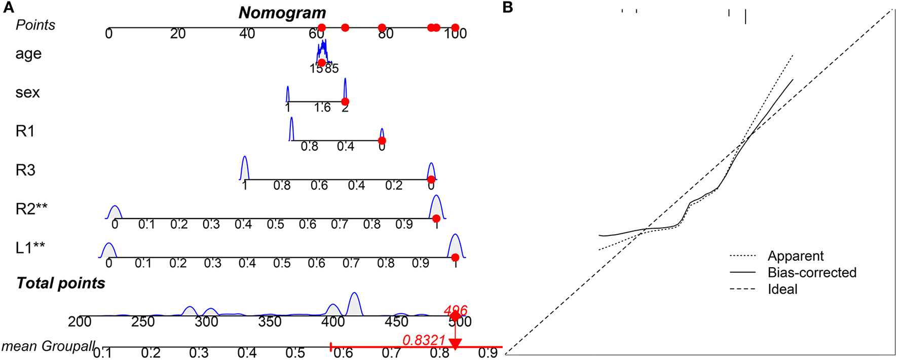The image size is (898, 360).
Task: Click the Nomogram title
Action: pyautogui.click(x=282, y=13)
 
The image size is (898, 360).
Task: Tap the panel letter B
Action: pyautogui.click(x=508, y=7)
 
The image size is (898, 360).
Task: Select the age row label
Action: pyautogui.click(x=28, y=54)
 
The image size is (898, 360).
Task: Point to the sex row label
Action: pyautogui.click(x=27, y=92)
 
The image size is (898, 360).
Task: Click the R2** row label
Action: pyautogui.click(x=31, y=208)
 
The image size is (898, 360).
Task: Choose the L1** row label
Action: pyautogui.click(x=30, y=247)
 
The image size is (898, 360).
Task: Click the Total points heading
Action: pyautogui.click(x=61, y=283)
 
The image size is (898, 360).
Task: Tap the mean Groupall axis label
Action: pyautogui.click(x=48, y=346)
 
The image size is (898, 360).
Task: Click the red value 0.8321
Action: pyautogui.click(x=424, y=340)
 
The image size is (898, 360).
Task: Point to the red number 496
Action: pyautogui.click(x=455, y=310)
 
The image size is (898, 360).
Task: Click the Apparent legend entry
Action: pyautogui.click(x=795, y=256)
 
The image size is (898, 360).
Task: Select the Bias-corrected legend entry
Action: pyautogui.click(x=812, y=273)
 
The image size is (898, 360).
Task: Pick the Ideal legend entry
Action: pyautogui.click(x=782, y=290)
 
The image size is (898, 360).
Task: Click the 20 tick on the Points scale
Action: pyautogui.click(x=178, y=33)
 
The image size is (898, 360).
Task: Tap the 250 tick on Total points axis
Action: pyautogui.click(x=143, y=321)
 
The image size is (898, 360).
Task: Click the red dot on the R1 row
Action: pyautogui.click(x=382, y=141)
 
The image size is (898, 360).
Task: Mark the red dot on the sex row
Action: pyautogui.click(x=345, y=102)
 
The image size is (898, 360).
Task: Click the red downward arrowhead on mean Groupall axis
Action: pyautogui.click(x=456, y=344)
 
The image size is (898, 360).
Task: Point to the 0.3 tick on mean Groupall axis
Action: pyautogui.click(x=199, y=352)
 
